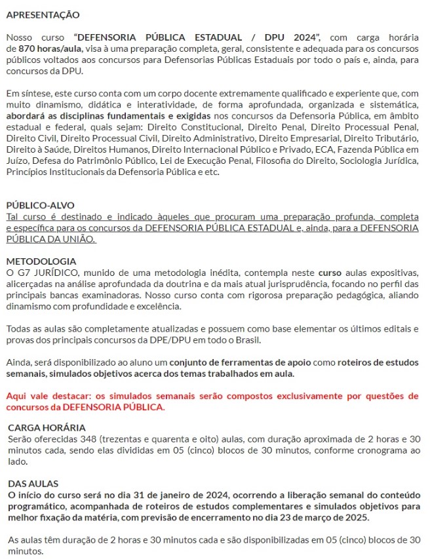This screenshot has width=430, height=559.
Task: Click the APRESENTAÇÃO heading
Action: pyautogui.click(x=43, y=14)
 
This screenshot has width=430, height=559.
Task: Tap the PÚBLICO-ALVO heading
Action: pyautogui.click(x=40, y=204)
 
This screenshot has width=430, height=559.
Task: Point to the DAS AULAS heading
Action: pyautogui.click(x=33, y=483)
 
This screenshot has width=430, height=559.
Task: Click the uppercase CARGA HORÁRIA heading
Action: pyautogui.click(x=47, y=427)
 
